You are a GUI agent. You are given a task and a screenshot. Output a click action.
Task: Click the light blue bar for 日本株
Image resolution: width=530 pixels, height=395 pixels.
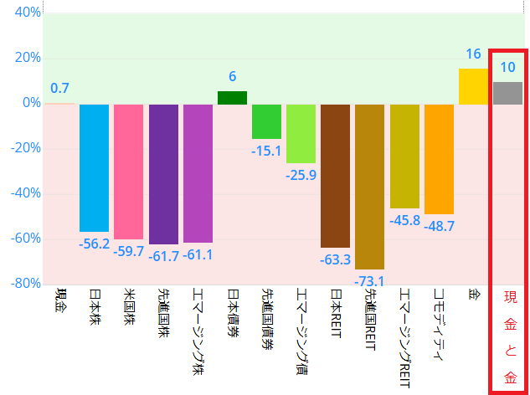pos(94,167)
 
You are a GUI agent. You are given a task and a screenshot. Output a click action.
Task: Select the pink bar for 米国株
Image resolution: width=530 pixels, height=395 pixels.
pos(129,172)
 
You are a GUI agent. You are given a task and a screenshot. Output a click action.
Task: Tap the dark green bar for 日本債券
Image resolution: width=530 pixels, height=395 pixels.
pos(232,98)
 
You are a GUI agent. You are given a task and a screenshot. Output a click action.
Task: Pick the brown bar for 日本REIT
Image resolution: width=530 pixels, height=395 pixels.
pos(335,176)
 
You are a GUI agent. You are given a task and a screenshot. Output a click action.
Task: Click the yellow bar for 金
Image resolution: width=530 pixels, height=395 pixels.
pos(473,87)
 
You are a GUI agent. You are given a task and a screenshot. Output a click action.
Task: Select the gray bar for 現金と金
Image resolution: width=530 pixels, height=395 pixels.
pos(507,94)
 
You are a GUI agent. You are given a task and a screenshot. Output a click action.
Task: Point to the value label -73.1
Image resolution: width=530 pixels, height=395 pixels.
pos(369,280)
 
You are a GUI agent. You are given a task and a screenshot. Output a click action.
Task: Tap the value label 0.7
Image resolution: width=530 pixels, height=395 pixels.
pos(59,88)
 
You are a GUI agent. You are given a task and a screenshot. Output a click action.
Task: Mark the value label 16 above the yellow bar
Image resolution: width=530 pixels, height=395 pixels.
pos(473,54)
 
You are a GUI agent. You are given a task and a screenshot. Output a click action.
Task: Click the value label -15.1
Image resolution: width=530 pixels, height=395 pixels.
pos(266,151)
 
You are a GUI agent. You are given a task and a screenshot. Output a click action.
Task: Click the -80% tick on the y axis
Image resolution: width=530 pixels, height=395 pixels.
pos(25,284)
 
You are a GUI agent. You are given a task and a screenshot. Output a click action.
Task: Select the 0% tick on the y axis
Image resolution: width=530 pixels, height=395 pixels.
pos(30,103)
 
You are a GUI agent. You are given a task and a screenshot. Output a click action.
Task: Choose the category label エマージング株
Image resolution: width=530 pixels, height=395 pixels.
pos(198,331)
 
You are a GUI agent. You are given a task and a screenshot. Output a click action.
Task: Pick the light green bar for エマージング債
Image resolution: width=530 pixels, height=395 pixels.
pos(301,134)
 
